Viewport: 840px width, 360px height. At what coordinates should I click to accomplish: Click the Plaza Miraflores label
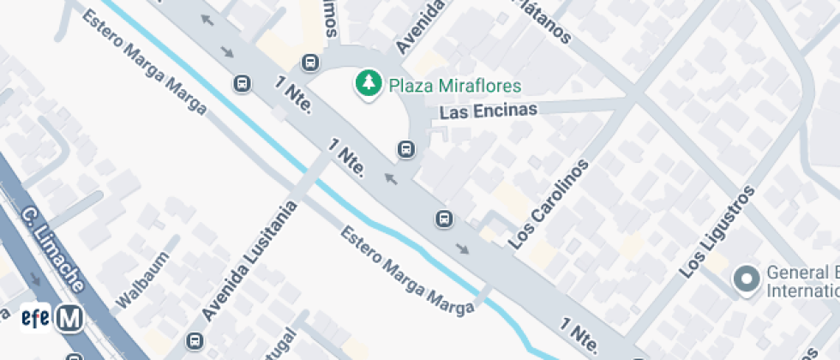click(x=455, y=85)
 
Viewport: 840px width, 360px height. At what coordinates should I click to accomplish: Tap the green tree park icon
click(x=369, y=83)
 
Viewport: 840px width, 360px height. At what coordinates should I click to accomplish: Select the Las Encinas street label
click(x=488, y=111)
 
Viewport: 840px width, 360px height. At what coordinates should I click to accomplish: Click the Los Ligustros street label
click(x=717, y=231)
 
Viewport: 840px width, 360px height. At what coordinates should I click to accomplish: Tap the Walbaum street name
click(x=139, y=283)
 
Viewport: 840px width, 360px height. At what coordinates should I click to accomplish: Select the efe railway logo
click(x=35, y=317)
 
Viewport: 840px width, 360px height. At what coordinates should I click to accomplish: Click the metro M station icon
click(x=69, y=319)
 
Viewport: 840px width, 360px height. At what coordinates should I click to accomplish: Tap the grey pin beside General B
click(x=747, y=279)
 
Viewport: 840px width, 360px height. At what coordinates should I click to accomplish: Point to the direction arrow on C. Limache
click(x=35, y=279)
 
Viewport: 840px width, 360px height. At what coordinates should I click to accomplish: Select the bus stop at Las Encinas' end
click(x=406, y=150)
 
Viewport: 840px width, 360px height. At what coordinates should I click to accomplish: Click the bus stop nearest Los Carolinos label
click(x=444, y=219)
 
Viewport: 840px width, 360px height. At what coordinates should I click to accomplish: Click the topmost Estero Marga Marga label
click(x=145, y=63)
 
